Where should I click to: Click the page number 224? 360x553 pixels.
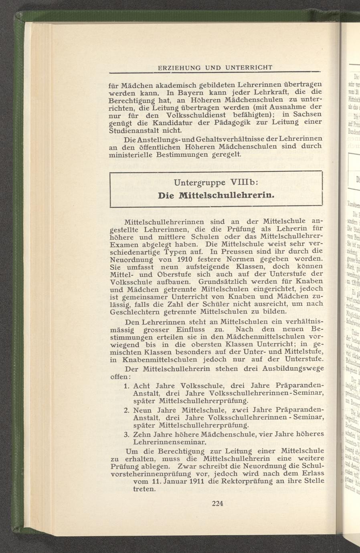point(217,504)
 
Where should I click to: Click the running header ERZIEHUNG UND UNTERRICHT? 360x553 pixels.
point(215,67)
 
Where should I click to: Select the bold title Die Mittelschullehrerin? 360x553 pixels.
point(216,196)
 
